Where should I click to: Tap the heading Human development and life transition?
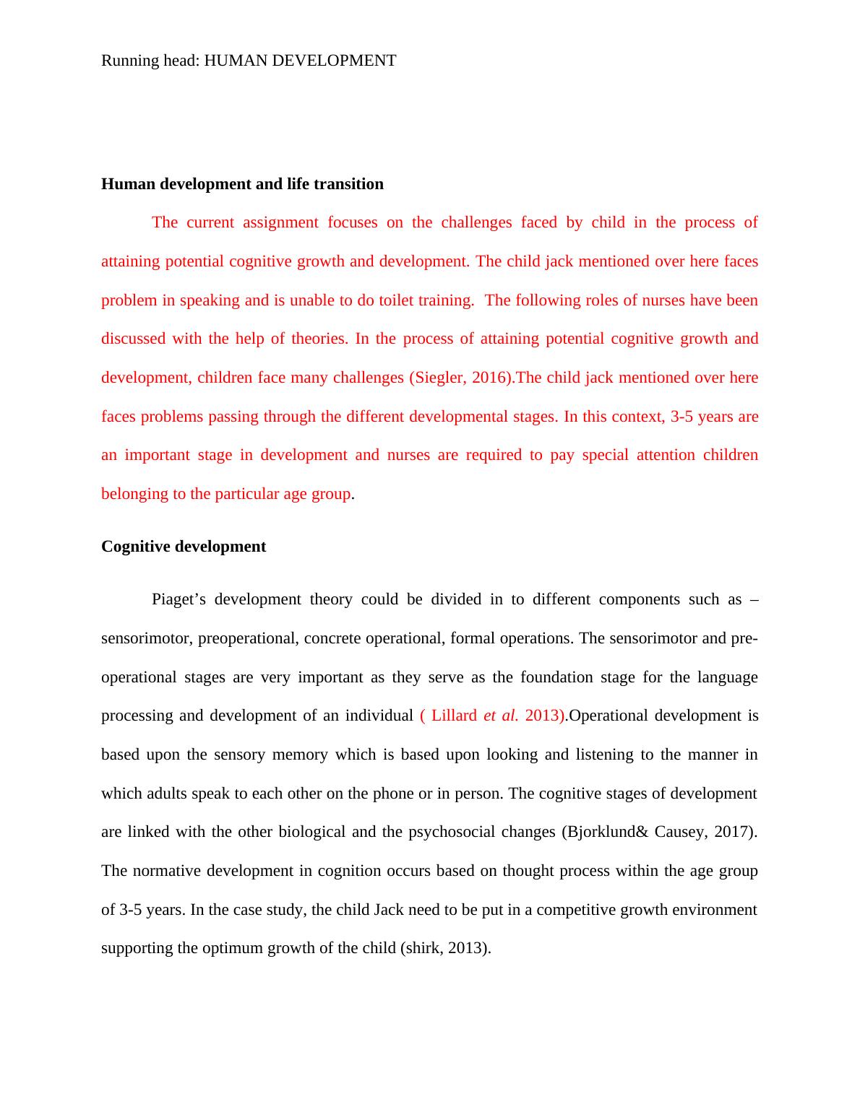click(242, 184)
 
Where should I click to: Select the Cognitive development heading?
click(184, 547)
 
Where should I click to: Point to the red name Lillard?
click(454, 716)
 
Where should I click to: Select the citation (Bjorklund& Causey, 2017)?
click(659, 832)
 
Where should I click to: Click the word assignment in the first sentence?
click(280, 222)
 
